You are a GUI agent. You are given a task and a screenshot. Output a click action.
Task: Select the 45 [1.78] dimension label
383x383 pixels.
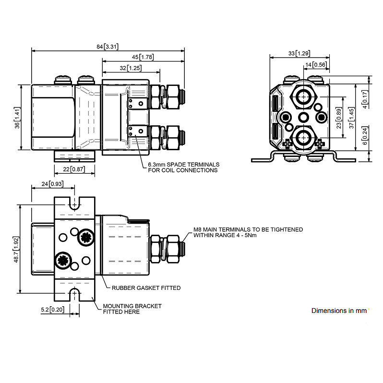pos(143,57)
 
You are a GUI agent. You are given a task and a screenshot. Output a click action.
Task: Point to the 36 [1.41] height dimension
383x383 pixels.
pos(17,118)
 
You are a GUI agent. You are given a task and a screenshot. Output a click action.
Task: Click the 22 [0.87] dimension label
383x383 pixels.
pos(74,169)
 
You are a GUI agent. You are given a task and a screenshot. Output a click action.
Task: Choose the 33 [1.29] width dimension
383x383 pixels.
pos(299,53)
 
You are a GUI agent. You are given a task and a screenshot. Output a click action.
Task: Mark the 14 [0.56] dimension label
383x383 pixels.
pos(316,64)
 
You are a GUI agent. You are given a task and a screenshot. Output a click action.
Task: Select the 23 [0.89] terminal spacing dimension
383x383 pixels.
pos(339,118)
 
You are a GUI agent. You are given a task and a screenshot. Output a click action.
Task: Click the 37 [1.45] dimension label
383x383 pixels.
pos(352,118)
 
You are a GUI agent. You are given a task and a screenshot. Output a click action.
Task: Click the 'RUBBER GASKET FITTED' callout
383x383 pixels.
pos(146,288)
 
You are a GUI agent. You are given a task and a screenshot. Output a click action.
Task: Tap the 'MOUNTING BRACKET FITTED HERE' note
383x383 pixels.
pos(132,309)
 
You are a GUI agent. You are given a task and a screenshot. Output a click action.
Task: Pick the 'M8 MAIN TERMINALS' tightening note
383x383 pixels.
pos(248,232)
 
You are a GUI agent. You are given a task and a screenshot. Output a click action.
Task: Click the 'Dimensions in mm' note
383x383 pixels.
pos(339,311)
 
